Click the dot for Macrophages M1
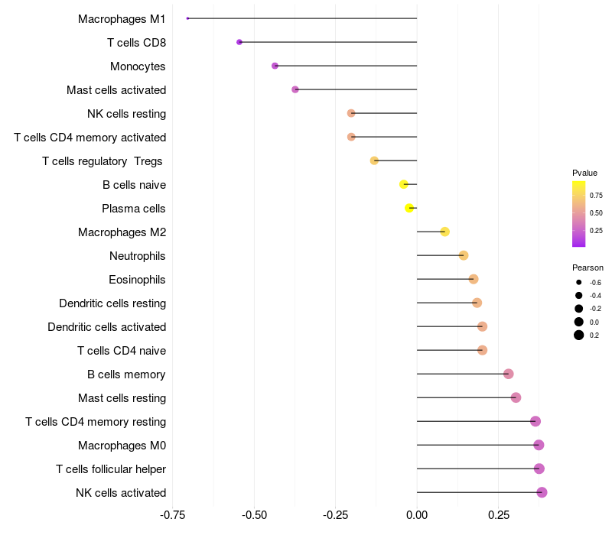tap(187, 18)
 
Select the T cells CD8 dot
tap(239, 42)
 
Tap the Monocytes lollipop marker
tap(275, 66)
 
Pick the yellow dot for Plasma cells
tap(410, 208)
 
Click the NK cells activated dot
tap(542, 492)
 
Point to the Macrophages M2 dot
tap(444, 232)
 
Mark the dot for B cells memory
tap(508, 374)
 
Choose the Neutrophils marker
tap(464, 255)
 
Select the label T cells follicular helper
tap(111, 469)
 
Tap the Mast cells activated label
tap(116, 90)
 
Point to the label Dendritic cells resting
tap(112, 303)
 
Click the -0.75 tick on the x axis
tap(173, 515)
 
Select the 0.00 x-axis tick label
tap(417, 515)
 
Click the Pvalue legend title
tap(584, 173)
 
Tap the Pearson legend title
tap(588, 267)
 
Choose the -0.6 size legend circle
tap(579, 283)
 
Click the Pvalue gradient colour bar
tap(579, 214)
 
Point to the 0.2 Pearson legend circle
tap(579, 335)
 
